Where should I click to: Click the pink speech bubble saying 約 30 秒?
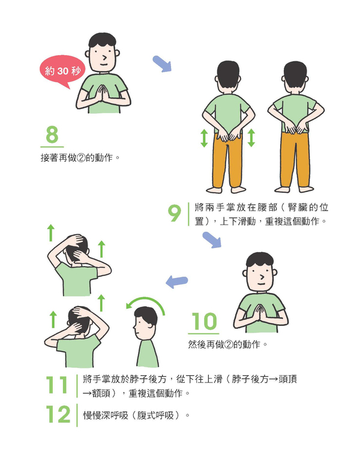62,71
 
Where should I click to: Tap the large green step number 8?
52,135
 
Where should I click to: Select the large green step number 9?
174,213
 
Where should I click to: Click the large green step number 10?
204,321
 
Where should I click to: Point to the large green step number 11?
56,385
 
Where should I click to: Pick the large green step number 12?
58,414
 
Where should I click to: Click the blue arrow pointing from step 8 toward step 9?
162,64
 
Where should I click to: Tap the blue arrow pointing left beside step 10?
177,282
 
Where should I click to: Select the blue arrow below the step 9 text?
212,240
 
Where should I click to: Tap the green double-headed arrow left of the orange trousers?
204,138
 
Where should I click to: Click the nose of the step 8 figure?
105,58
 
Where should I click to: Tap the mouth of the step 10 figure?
261,284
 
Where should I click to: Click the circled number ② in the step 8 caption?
81,158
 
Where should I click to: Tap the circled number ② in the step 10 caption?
229,344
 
